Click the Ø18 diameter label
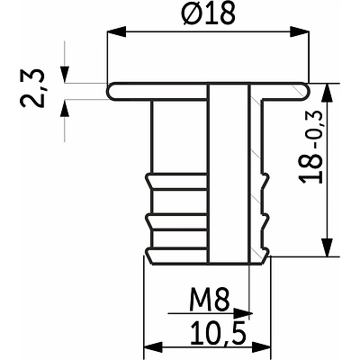[x=206, y=16]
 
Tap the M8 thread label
[x=207, y=296]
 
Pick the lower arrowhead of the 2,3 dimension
[x=67, y=105]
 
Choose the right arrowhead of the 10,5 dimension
[x=266, y=347]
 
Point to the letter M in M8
[x=199, y=296]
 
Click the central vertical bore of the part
[x=227, y=171]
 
